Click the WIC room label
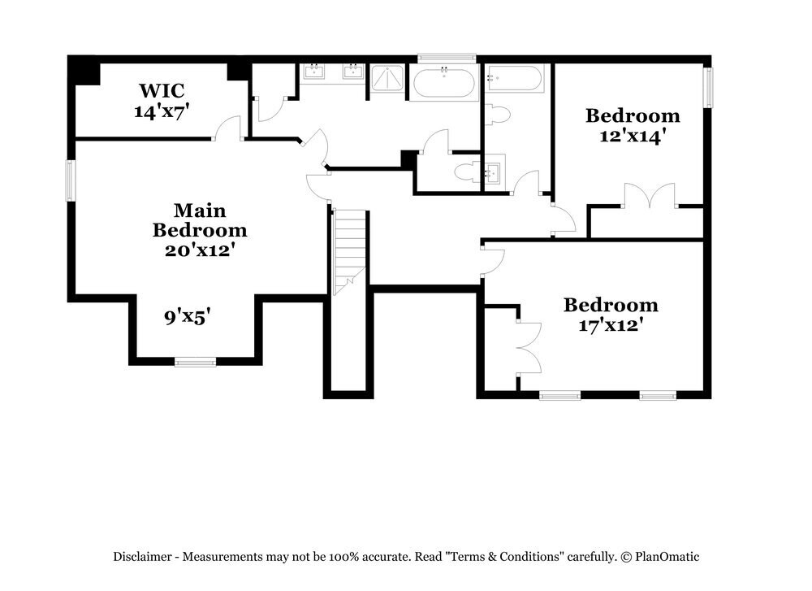162,89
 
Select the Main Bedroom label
200,220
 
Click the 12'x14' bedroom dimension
633,137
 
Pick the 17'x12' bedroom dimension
611,325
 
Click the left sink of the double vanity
314,72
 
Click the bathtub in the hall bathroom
514,79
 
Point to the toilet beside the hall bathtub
497,114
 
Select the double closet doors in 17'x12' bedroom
527,345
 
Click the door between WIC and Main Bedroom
228,128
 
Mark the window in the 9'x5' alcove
196,362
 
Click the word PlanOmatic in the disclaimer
667,557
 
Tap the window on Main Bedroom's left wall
71,180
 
